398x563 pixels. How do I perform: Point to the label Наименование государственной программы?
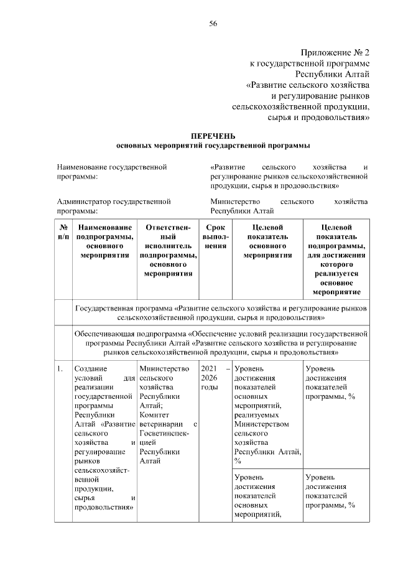point(112,172)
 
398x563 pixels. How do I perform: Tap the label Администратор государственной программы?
point(113,206)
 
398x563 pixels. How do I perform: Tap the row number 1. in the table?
point(60,370)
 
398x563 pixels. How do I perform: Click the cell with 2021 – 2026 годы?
point(215,378)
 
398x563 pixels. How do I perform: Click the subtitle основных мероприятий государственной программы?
point(213,145)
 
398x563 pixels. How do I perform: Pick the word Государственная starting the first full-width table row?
point(106,308)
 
